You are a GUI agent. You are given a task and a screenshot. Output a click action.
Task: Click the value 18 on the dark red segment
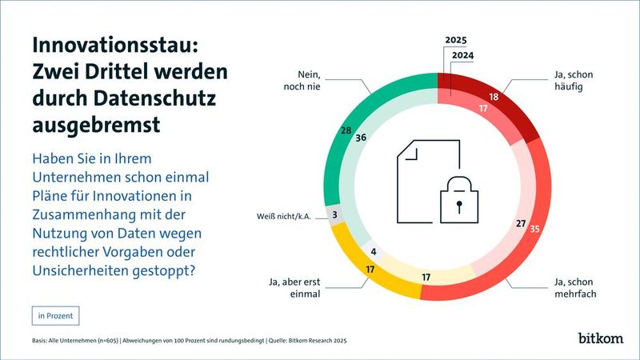coord(494,96)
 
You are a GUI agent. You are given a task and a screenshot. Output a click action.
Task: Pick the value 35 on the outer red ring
coord(535,230)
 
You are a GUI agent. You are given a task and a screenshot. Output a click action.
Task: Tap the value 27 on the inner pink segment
coord(520,224)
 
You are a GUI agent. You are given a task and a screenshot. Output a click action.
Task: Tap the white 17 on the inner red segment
coord(483,108)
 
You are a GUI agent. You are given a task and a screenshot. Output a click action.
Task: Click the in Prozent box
coord(55,315)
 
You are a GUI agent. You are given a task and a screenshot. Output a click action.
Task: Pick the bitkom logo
coord(601,338)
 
